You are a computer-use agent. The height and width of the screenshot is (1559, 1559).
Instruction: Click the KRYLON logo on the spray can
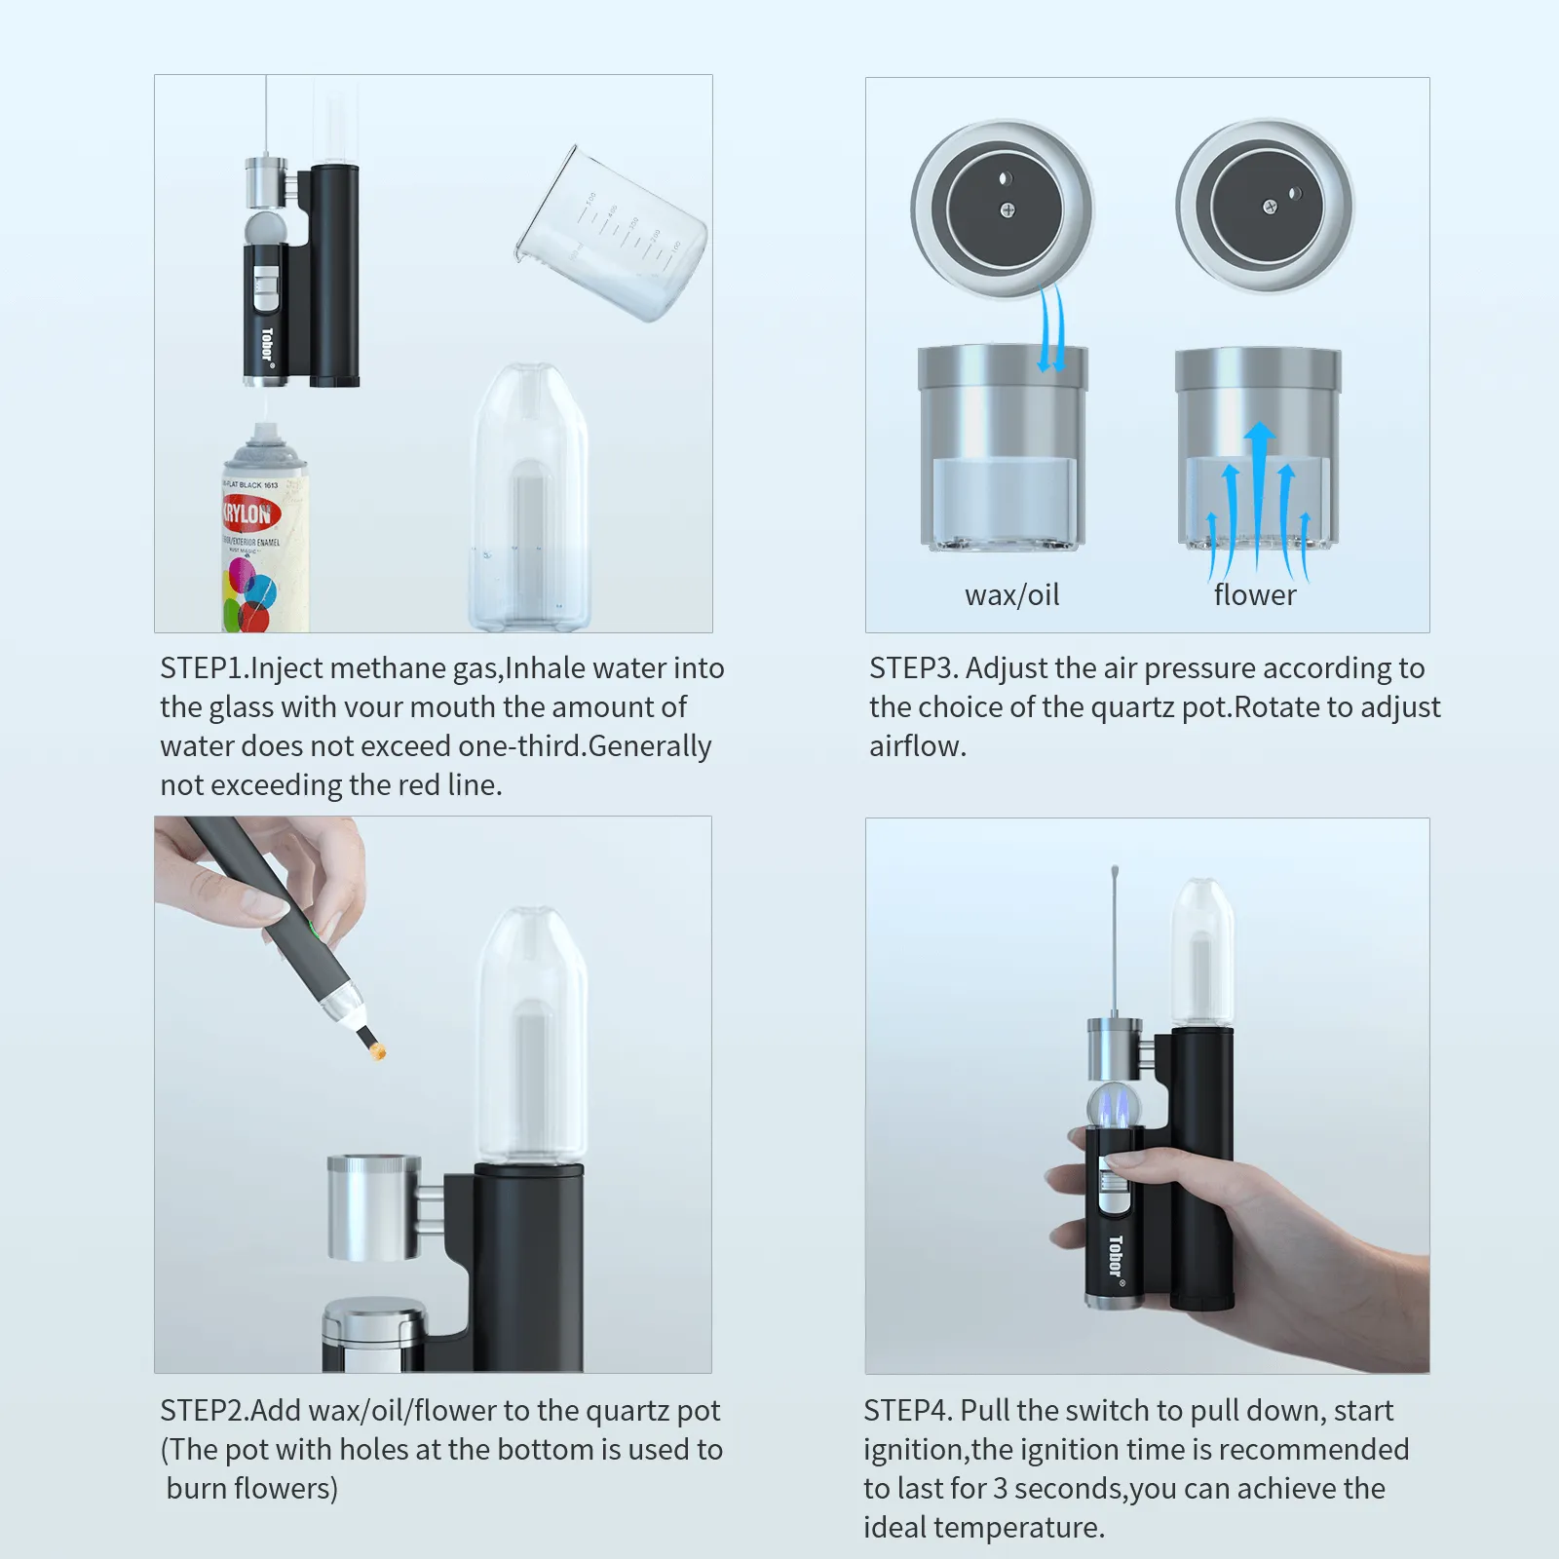point(249,513)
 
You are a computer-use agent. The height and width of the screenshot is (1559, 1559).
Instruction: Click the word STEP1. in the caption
point(204,668)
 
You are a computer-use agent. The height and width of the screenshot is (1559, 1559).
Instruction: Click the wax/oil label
point(1011,594)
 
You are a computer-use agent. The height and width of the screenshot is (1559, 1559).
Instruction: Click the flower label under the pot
point(1255,594)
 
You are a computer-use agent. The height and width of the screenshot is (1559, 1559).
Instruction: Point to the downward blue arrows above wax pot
point(1050,331)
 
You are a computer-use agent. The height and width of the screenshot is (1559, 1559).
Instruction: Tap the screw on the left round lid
point(1008,209)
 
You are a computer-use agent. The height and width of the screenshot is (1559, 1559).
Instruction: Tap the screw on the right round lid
point(1270,207)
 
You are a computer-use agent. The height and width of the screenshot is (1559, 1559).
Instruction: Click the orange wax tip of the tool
point(379,1050)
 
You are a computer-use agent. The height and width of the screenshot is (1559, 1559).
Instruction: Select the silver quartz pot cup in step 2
point(374,1208)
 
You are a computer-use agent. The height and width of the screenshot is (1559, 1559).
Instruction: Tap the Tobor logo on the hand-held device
point(1116,1257)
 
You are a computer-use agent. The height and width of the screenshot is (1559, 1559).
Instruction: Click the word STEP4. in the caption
point(908,1411)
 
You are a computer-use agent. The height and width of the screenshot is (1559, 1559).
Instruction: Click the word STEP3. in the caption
point(914,668)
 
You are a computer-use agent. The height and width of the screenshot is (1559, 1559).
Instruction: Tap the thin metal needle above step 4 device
point(1114,935)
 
